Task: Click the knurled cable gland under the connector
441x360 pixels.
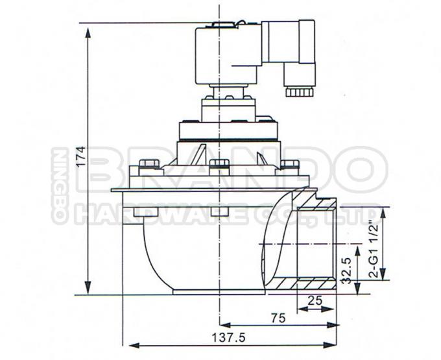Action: pos(299,90)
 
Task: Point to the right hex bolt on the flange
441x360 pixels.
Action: pos(291,165)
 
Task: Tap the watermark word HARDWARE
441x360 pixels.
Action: pos(162,213)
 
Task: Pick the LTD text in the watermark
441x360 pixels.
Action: pos(357,212)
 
